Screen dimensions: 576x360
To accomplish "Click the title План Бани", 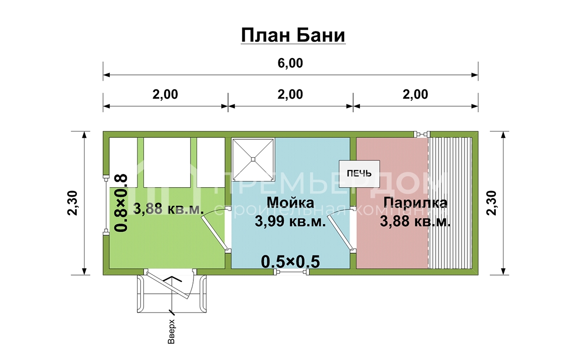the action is point(293,35).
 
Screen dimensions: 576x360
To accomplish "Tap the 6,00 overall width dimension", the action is point(290,63).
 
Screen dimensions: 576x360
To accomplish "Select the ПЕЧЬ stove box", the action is point(359,174).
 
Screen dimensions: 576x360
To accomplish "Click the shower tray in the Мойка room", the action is point(253,159).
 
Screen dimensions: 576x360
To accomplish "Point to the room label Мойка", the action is point(290,203).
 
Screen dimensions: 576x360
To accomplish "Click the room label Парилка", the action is point(415,203).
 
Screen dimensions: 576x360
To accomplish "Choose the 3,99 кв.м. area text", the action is point(290,221).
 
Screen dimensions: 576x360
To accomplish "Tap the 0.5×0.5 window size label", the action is point(290,262).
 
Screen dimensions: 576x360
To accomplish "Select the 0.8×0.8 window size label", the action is point(121,203).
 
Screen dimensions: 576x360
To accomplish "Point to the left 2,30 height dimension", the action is point(72,203).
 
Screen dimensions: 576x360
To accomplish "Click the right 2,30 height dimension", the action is point(492,203).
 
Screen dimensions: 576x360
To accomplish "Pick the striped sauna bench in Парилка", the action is point(450,203).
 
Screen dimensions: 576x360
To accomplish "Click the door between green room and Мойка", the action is point(215,229).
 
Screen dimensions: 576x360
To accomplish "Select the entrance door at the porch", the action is point(170,284).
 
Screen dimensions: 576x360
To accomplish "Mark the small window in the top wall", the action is point(422,134).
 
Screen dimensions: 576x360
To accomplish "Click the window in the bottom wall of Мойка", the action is point(291,272).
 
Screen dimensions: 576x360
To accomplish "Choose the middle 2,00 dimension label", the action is point(290,95).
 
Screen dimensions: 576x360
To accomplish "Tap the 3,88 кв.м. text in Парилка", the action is point(415,221).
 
